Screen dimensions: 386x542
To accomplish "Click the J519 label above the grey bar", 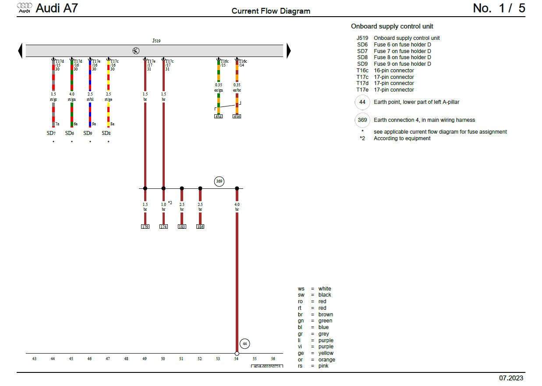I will pos(156,41).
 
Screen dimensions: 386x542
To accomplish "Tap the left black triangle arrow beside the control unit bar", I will pos(20,51).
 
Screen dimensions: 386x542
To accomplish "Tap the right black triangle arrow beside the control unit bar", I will pos(288,51).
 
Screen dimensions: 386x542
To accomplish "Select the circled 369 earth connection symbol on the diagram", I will pos(219,181).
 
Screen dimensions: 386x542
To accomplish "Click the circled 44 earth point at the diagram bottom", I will pos(245,344).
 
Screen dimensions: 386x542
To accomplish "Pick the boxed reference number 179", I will pos(145,227).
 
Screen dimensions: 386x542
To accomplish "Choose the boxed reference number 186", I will pos(200,227).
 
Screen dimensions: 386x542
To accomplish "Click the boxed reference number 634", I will pos(218,117).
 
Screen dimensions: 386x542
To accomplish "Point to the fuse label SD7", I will pos(51,133).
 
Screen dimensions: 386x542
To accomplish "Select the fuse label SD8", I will pos(106,133).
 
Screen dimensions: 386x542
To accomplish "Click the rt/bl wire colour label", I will pos(90,99).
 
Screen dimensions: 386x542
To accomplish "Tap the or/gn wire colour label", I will pos(219,91).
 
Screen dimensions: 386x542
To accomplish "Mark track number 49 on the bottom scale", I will pos(145,359).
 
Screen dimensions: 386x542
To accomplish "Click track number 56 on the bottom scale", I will pos(273,359).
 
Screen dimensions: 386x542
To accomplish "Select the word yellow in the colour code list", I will pos(326,353).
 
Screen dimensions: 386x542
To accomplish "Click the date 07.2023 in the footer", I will pos(511,378).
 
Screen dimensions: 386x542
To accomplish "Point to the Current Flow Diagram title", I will pos(271,11).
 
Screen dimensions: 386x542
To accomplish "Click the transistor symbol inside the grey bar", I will pos(136,51).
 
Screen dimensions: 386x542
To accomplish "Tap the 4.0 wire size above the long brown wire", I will pos(237,204).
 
